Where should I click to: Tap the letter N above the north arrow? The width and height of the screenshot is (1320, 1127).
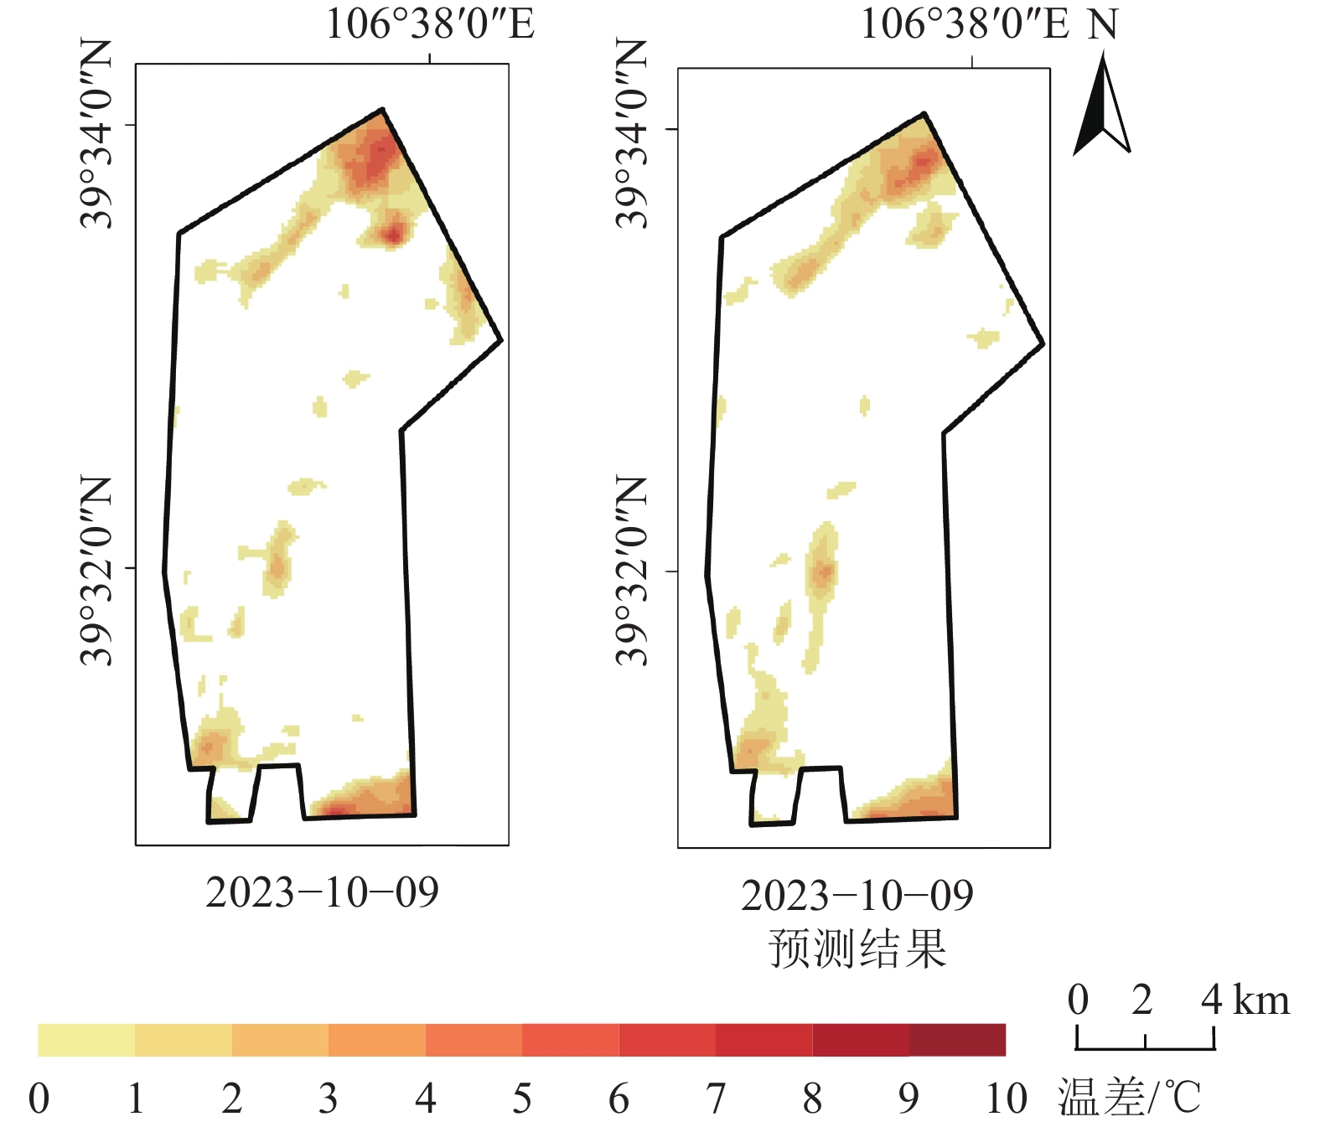tap(1103, 25)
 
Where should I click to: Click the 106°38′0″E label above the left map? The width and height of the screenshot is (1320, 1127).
tap(430, 23)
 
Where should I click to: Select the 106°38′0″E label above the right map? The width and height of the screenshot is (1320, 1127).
tap(965, 23)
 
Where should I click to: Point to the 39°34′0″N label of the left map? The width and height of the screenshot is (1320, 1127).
tap(96, 134)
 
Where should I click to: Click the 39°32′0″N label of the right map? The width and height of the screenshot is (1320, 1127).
tap(632, 571)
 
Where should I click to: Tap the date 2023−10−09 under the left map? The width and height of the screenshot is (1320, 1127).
tap(322, 893)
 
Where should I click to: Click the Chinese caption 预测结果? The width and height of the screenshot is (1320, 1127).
tap(857, 949)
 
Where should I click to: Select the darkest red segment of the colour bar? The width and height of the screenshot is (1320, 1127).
tap(957, 1040)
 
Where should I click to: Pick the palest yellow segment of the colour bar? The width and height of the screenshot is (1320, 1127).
tap(86, 1040)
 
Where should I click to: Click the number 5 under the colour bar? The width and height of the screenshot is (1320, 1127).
tap(522, 1099)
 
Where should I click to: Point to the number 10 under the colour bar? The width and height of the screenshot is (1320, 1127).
tap(1006, 1099)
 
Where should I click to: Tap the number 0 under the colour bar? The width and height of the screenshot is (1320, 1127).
tap(39, 1099)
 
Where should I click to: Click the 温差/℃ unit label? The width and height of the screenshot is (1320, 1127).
tap(1129, 1098)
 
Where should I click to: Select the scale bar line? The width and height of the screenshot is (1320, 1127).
tap(1145, 1048)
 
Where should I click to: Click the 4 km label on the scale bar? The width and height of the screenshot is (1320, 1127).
tap(1245, 1000)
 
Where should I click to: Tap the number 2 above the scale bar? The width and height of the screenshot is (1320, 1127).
tap(1142, 1000)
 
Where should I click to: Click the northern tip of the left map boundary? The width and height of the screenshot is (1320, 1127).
tap(382, 110)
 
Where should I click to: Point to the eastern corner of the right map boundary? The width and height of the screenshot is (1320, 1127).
tap(1043, 344)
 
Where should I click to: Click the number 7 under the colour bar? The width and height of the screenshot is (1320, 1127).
tap(716, 1099)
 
